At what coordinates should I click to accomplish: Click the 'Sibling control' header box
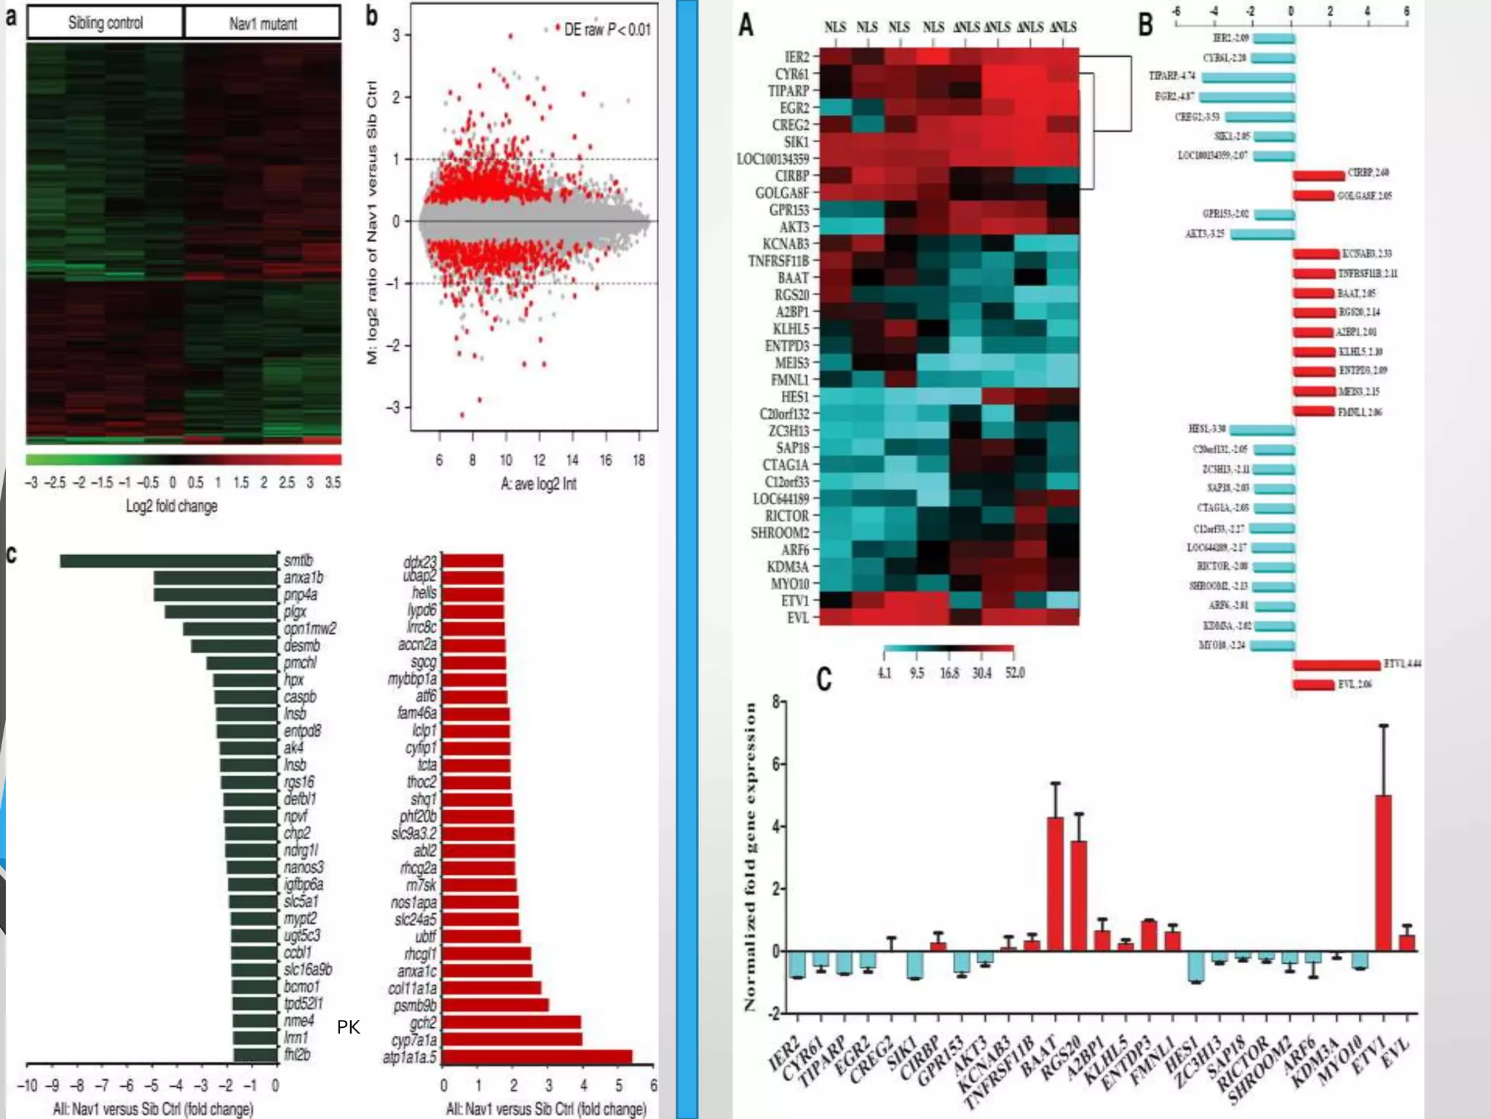tap(106, 23)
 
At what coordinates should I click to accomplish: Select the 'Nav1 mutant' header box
tap(263, 23)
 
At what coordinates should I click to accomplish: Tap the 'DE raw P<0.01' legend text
tap(606, 29)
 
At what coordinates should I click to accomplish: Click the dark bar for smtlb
tap(169, 561)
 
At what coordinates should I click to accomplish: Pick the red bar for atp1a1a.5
tap(537, 1056)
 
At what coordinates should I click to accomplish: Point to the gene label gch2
tap(423, 1022)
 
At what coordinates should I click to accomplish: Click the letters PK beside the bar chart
tap(348, 1027)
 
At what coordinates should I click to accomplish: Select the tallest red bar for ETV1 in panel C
tap(1383, 873)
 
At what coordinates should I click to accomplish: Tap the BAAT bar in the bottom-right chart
tap(1055, 884)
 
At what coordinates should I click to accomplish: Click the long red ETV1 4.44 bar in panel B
tap(1337, 664)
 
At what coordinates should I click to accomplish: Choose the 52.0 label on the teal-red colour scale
tap(1015, 672)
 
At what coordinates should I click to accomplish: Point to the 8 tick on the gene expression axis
tap(776, 702)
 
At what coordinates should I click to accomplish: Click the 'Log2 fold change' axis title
tap(172, 506)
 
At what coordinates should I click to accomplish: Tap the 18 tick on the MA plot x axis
tap(638, 460)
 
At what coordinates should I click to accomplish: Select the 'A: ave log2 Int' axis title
tap(539, 483)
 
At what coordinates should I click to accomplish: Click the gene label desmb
tap(301, 645)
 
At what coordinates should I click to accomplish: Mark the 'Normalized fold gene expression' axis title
tap(750, 857)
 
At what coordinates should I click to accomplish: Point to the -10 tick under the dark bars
tap(27, 1085)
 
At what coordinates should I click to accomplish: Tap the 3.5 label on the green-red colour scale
tap(333, 482)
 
